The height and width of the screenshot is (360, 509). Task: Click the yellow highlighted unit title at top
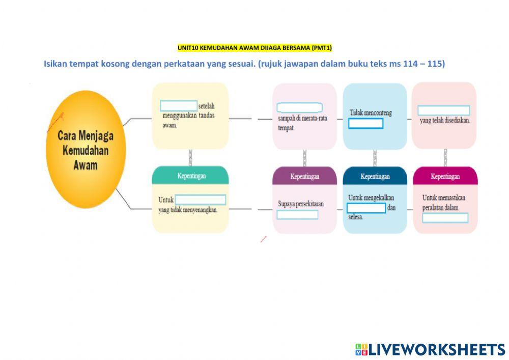point(254,48)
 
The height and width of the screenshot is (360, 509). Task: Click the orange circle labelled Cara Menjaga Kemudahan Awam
point(86,149)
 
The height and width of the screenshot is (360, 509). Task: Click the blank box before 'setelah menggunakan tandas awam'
point(179,106)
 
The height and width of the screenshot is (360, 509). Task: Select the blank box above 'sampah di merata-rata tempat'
point(299,107)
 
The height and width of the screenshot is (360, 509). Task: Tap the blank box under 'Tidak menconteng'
point(365,123)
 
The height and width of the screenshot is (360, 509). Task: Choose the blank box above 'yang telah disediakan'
point(443,110)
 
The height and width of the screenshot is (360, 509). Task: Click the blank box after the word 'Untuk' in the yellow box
point(200,200)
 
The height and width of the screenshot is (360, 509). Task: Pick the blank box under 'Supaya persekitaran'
point(297,214)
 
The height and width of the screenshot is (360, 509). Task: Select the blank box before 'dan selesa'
point(365,208)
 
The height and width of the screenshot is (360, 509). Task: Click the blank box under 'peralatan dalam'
point(445,218)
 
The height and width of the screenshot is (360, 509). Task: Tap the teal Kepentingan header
point(190,176)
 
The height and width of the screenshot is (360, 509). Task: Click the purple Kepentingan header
point(304,176)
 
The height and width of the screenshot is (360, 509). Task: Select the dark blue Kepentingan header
point(375,176)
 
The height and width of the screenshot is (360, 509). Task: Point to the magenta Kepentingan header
point(445,176)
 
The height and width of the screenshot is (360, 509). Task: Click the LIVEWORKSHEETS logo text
point(437,349)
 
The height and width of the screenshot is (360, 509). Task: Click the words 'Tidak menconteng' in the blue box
point(371,113)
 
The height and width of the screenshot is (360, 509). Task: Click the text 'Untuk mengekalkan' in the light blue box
point(371,198)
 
